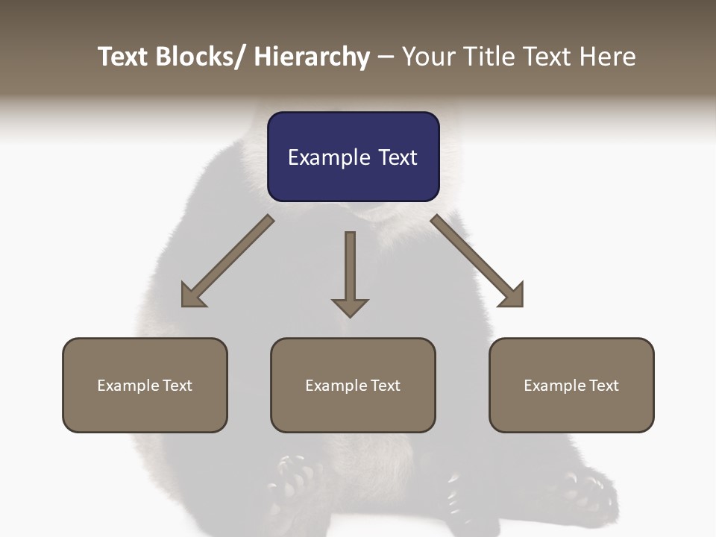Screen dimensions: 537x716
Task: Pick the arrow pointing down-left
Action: (x=227, y=261)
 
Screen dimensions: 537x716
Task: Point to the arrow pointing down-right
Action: (x=477, y=261)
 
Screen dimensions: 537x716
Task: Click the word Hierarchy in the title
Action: (x=312, y=57)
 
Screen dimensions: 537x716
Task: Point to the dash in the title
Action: (x=386, y=57)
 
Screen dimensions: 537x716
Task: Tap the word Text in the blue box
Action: (x=398, y=157)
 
